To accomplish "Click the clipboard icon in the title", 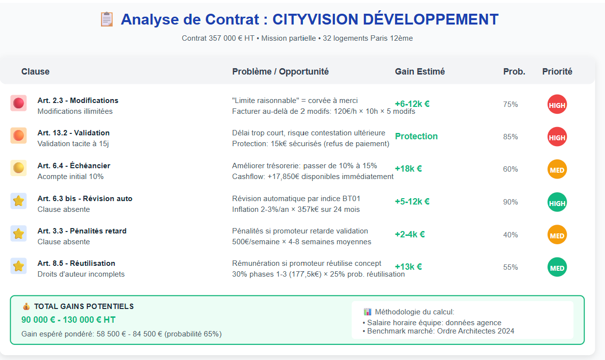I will [106, 20].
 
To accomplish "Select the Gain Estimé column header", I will [420, 72].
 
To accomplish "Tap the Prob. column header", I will [514, 72].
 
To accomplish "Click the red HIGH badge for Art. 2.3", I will [557, 104].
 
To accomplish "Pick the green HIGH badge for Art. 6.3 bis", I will [557, 203].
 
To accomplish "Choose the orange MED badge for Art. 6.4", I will [557, 170].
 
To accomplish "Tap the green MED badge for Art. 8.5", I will [557, 267].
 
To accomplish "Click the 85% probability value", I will [510, 137].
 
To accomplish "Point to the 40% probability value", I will [510, 235].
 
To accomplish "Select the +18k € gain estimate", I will [408, 169].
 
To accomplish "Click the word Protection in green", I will [416, 136].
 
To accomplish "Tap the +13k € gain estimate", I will [408, 267].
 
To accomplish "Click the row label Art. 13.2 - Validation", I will [74, 133].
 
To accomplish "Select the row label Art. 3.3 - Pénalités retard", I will [82, 231].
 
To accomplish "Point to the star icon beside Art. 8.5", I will [19, 266].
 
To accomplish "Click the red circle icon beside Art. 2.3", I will [19, 103].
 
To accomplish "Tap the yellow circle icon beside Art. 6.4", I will [19, 168].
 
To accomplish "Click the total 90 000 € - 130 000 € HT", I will [69, 320].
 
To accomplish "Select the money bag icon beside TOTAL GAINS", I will [26, 307].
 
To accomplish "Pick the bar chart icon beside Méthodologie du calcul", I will [368, 312].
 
